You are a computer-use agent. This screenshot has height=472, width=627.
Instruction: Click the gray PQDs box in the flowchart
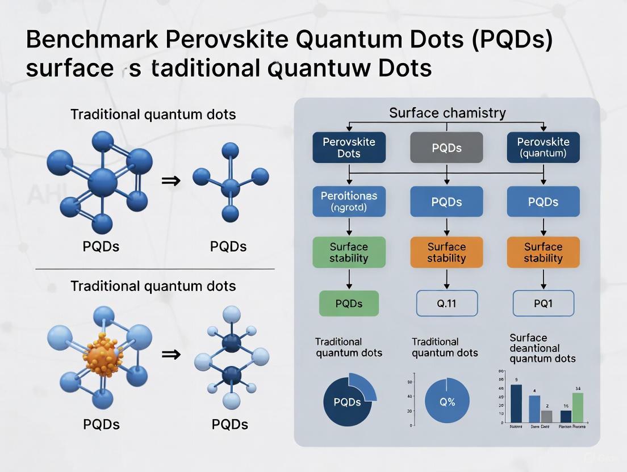point(446,147)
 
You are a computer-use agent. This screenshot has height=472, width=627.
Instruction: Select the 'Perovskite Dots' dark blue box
point(349,147)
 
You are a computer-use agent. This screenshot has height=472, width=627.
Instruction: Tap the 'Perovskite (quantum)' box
point(543,147)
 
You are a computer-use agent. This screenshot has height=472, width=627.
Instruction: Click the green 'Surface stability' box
point(349,252)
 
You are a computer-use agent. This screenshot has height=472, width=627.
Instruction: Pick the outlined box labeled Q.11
point(446,304)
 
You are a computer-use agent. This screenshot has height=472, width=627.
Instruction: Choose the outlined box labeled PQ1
point(543,304)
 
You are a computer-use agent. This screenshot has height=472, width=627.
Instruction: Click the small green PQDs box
point(349,304)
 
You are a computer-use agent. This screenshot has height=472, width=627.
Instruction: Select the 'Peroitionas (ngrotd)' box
point(349,202)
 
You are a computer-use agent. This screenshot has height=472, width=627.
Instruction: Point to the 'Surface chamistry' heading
point(447,113)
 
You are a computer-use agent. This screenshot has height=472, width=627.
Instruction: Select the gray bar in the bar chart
point(546,416)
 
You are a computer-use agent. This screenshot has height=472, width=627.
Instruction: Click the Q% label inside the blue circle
point(447,402)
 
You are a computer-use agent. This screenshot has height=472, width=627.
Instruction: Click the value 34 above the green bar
point(578,389)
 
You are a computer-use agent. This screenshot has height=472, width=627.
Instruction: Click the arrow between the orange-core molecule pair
point(171,355)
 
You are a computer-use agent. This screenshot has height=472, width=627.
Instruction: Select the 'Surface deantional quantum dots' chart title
point(542,348)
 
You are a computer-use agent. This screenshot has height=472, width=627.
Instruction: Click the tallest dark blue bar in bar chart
point(516,403)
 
